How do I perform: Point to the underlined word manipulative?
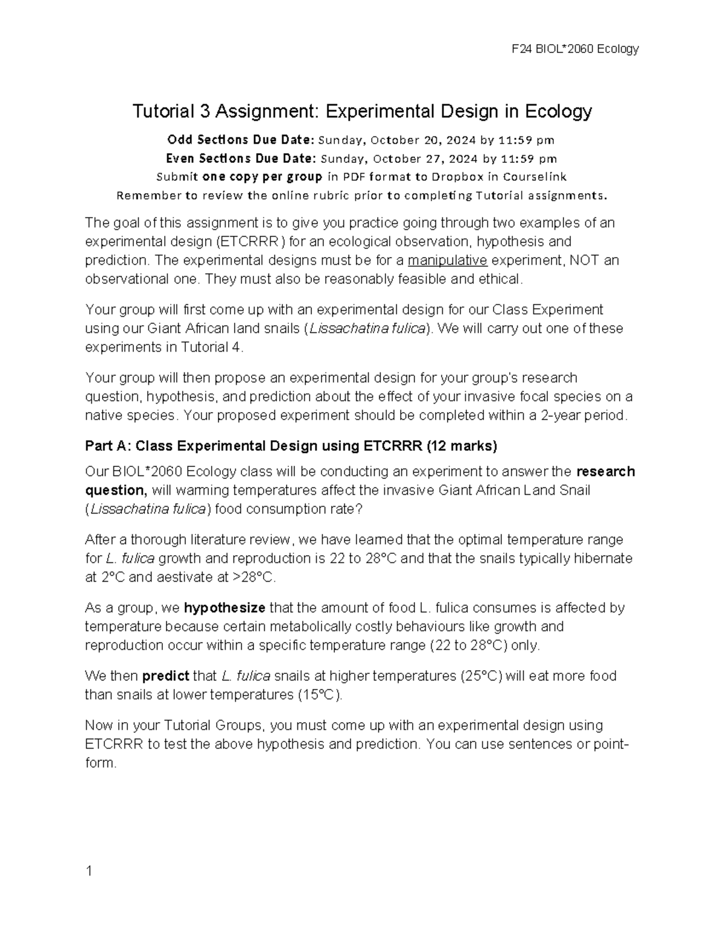(447, 260)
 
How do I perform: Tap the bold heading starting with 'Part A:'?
(291, 446)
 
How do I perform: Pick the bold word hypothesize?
(224, 608)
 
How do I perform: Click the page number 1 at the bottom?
(89, 871)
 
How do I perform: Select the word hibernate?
(603, 558)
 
